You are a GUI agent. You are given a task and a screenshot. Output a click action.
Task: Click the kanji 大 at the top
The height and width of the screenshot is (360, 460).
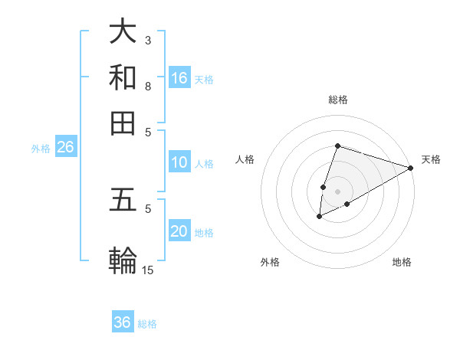pyautogui.click(x=123, y=33)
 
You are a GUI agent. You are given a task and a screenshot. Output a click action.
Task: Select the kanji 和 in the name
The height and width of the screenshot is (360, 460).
pyautogui.click(x=123, y=78)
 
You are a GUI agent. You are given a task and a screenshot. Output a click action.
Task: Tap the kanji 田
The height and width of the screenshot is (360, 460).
pyautogui.click(x=123, y=123)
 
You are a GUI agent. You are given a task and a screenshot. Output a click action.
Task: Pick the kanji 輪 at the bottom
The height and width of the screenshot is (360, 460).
pyautogui.click(x=123, y=261)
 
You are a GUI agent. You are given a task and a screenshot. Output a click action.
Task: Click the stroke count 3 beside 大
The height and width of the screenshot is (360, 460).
pyautogui.click(x=148, y=39)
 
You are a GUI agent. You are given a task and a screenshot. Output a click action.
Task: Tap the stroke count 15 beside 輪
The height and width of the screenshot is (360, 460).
pyautogui.click(x=148, y=269)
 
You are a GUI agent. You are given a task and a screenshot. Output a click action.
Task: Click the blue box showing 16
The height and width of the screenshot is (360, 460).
pyautogui.click(x=179, y=77)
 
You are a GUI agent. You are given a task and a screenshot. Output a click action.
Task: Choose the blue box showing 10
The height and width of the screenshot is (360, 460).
pyautogui.click(x=179, y=162)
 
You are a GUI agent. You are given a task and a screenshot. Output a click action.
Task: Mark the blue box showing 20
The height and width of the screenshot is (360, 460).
pyautogui.click(x=179, y=231)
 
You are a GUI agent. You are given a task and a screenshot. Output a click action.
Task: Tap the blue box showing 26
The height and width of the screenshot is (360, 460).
pyautogui.click(x=65, y=147)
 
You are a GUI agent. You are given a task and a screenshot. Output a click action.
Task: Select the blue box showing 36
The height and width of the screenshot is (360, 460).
pyautogui.click(x=123, y=322)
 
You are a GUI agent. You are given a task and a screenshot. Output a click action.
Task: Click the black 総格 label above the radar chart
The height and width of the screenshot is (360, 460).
pyautogui.click(x=338, y=100)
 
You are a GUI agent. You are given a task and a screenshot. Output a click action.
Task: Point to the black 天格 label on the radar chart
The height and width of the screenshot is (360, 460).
pyautogui.click(x=431, y=159)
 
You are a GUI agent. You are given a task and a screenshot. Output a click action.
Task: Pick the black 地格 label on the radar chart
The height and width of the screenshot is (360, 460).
pyautogui.click(x=402, y=262)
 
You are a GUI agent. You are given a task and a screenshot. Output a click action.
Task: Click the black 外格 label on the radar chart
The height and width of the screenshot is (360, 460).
pyautogui.click(x=270, y=262)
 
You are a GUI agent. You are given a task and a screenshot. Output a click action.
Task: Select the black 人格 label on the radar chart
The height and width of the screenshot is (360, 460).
pyautogui.click(x=245, y=159)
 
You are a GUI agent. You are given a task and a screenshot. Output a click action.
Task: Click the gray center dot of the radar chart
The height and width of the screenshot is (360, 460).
pyautogui.click(x=338, y=191)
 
